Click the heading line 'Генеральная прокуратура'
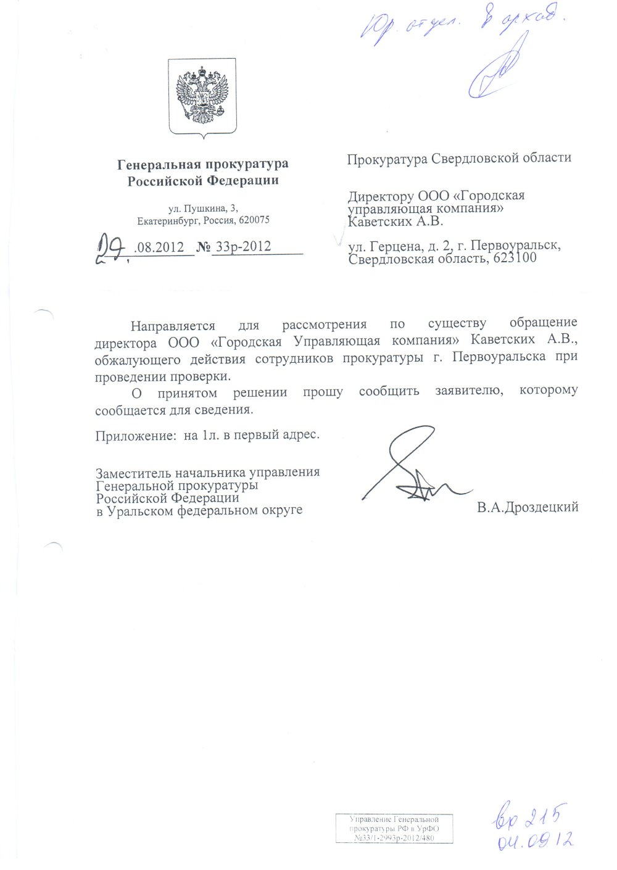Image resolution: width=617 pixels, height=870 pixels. click(203, 164)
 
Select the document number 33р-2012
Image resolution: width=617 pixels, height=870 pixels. click(242, 246)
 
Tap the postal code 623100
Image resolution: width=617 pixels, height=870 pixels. click(513, 259)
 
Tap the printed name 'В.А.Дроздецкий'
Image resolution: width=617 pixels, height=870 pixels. click(527, 507)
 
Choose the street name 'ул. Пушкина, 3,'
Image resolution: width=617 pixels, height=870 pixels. click(203, 209)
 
